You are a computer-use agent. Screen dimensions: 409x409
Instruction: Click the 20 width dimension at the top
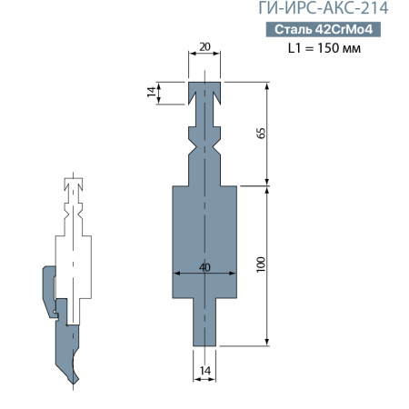[205, 45]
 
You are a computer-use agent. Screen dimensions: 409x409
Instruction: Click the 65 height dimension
[262, 133]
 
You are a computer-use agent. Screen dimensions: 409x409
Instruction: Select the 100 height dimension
[262, 265]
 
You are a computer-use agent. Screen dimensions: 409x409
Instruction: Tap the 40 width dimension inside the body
[205, 267]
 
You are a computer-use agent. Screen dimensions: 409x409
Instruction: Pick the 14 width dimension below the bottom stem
[205, 371]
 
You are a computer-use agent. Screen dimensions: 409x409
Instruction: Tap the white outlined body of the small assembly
[73, 264]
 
